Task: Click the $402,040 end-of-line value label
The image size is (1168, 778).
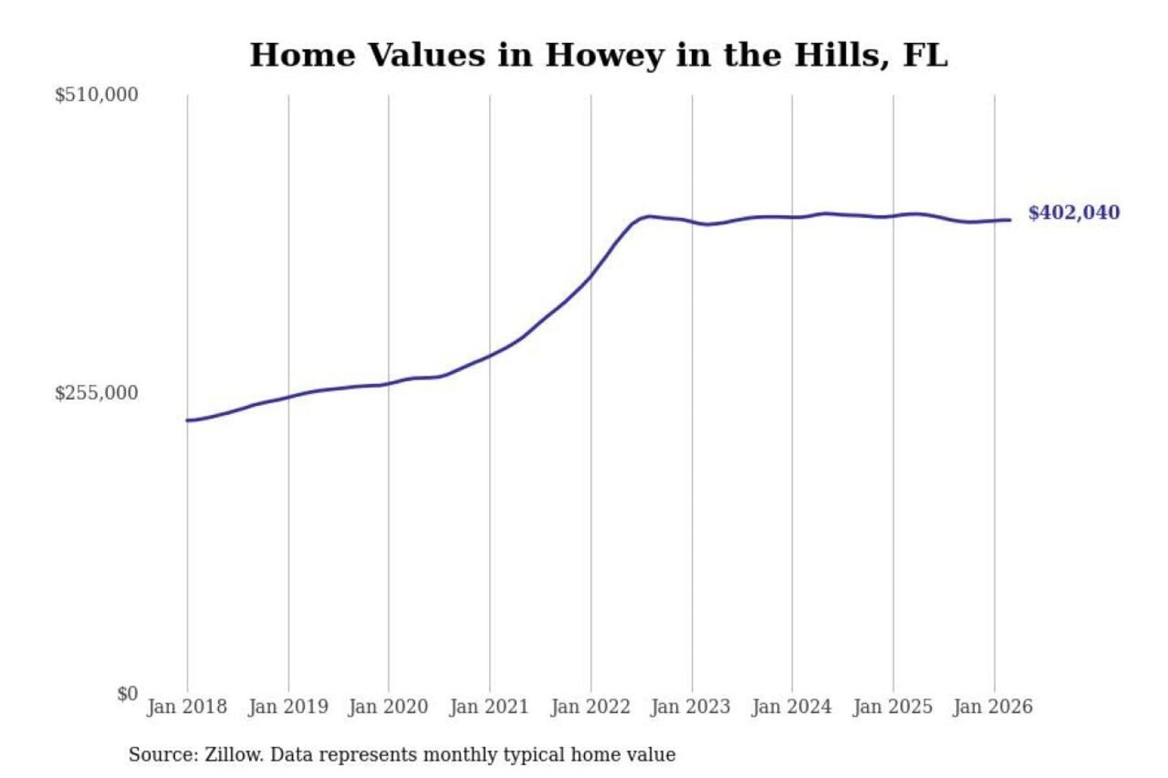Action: (x=1074, y=212)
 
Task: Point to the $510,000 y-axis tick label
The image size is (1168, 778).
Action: (x=97, y=95)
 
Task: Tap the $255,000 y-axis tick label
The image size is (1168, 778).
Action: (x=97, y=393)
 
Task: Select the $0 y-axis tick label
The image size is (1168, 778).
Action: (x=128, y=694)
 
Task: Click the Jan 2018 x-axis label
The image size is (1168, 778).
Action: (x=187, y=707)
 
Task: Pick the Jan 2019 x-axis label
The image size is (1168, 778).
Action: (x=289, y=707)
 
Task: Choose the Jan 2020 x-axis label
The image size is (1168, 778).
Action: (x=389, y=707)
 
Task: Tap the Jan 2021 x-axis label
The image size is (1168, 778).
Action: (x=490, y=707)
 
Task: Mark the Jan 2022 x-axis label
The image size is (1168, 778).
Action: (x=590, y=707)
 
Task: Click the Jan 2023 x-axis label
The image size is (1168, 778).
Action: (x=691, y=707)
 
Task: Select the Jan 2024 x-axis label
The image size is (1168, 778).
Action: (x=792, y=707)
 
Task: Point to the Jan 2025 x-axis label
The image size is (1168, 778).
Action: (x=893, y=707)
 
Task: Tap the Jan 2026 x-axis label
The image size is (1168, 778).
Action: (x=994, y=707)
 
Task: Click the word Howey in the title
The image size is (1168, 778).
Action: (x=604, y=56)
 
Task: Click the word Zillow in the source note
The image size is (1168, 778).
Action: (x=234, y=754)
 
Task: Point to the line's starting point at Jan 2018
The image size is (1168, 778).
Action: (x=187, y=420)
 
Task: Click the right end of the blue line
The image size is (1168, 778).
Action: (x=1011, y=220)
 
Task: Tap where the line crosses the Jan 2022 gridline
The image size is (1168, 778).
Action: (x=590, y=276)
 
